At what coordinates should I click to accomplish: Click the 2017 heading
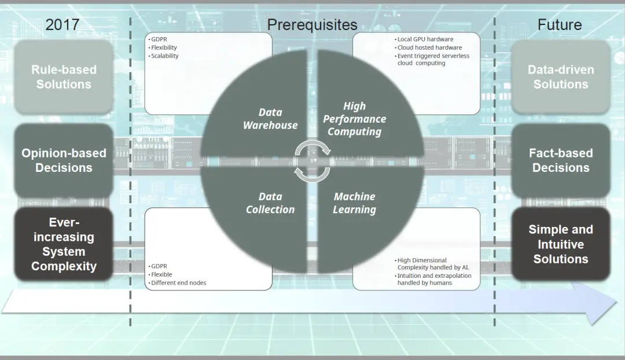tap(62, 25)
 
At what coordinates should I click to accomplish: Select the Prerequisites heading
tap(312, 25)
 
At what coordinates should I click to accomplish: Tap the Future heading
tap(560, 25)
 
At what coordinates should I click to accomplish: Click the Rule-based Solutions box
tap(64, 77)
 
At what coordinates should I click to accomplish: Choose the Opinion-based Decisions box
tap(64, 160)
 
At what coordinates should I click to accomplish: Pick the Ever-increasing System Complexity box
tap(64, 244)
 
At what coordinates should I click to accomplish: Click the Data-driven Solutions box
tap(561, 77)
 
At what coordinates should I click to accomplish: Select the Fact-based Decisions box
tap(561, 160)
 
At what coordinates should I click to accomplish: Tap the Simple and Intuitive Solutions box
tap(561, 244)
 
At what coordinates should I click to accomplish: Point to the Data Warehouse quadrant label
tap(270, 119)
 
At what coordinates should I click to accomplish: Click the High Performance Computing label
tap(354, 119)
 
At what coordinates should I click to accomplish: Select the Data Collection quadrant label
tap(270, 203)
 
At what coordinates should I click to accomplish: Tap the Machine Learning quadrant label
tap(354, 203)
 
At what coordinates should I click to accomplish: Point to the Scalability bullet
tap(164, 56)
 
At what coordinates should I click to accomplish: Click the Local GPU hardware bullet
tap(425, 39)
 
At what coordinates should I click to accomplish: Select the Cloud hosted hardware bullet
tap(429, 47)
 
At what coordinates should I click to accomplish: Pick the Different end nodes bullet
tap(178, 283)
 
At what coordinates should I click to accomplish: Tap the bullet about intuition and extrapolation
tap(434, 280)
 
